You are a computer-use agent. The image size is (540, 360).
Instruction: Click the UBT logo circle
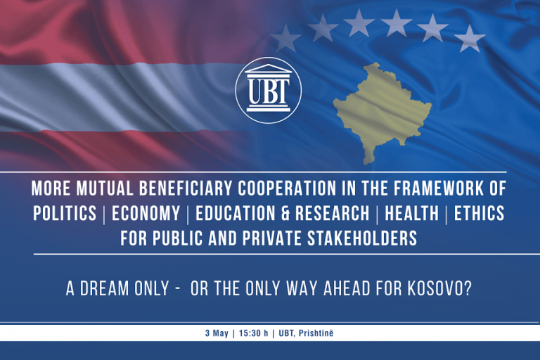(269, 90)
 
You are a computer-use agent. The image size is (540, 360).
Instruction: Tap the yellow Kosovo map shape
(380, 110)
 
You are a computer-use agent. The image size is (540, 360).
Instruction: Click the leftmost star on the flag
(285, 38)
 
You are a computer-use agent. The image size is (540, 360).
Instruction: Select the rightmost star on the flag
(470, 38)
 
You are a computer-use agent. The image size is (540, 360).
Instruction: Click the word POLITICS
(65, 213)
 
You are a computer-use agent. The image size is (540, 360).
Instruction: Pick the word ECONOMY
(146, 213)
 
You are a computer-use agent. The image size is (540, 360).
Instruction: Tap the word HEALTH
(412, 213)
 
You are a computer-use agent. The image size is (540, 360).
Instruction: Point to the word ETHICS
(479, 213)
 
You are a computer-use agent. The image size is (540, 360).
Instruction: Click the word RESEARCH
(333, 213)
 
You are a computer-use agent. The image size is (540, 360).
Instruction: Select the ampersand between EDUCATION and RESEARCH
(285, 213)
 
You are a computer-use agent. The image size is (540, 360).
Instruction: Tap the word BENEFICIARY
(186, 188)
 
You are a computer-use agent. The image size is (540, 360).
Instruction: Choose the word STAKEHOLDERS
(362, 238)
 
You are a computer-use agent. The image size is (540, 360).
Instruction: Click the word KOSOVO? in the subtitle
(439, 289)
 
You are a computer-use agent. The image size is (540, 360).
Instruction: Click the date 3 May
(217, 333)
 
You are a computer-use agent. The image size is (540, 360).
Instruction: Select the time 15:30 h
(253, 333)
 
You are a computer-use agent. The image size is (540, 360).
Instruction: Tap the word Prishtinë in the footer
(316, 333)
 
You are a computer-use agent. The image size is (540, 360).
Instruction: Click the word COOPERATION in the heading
(287, 188)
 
